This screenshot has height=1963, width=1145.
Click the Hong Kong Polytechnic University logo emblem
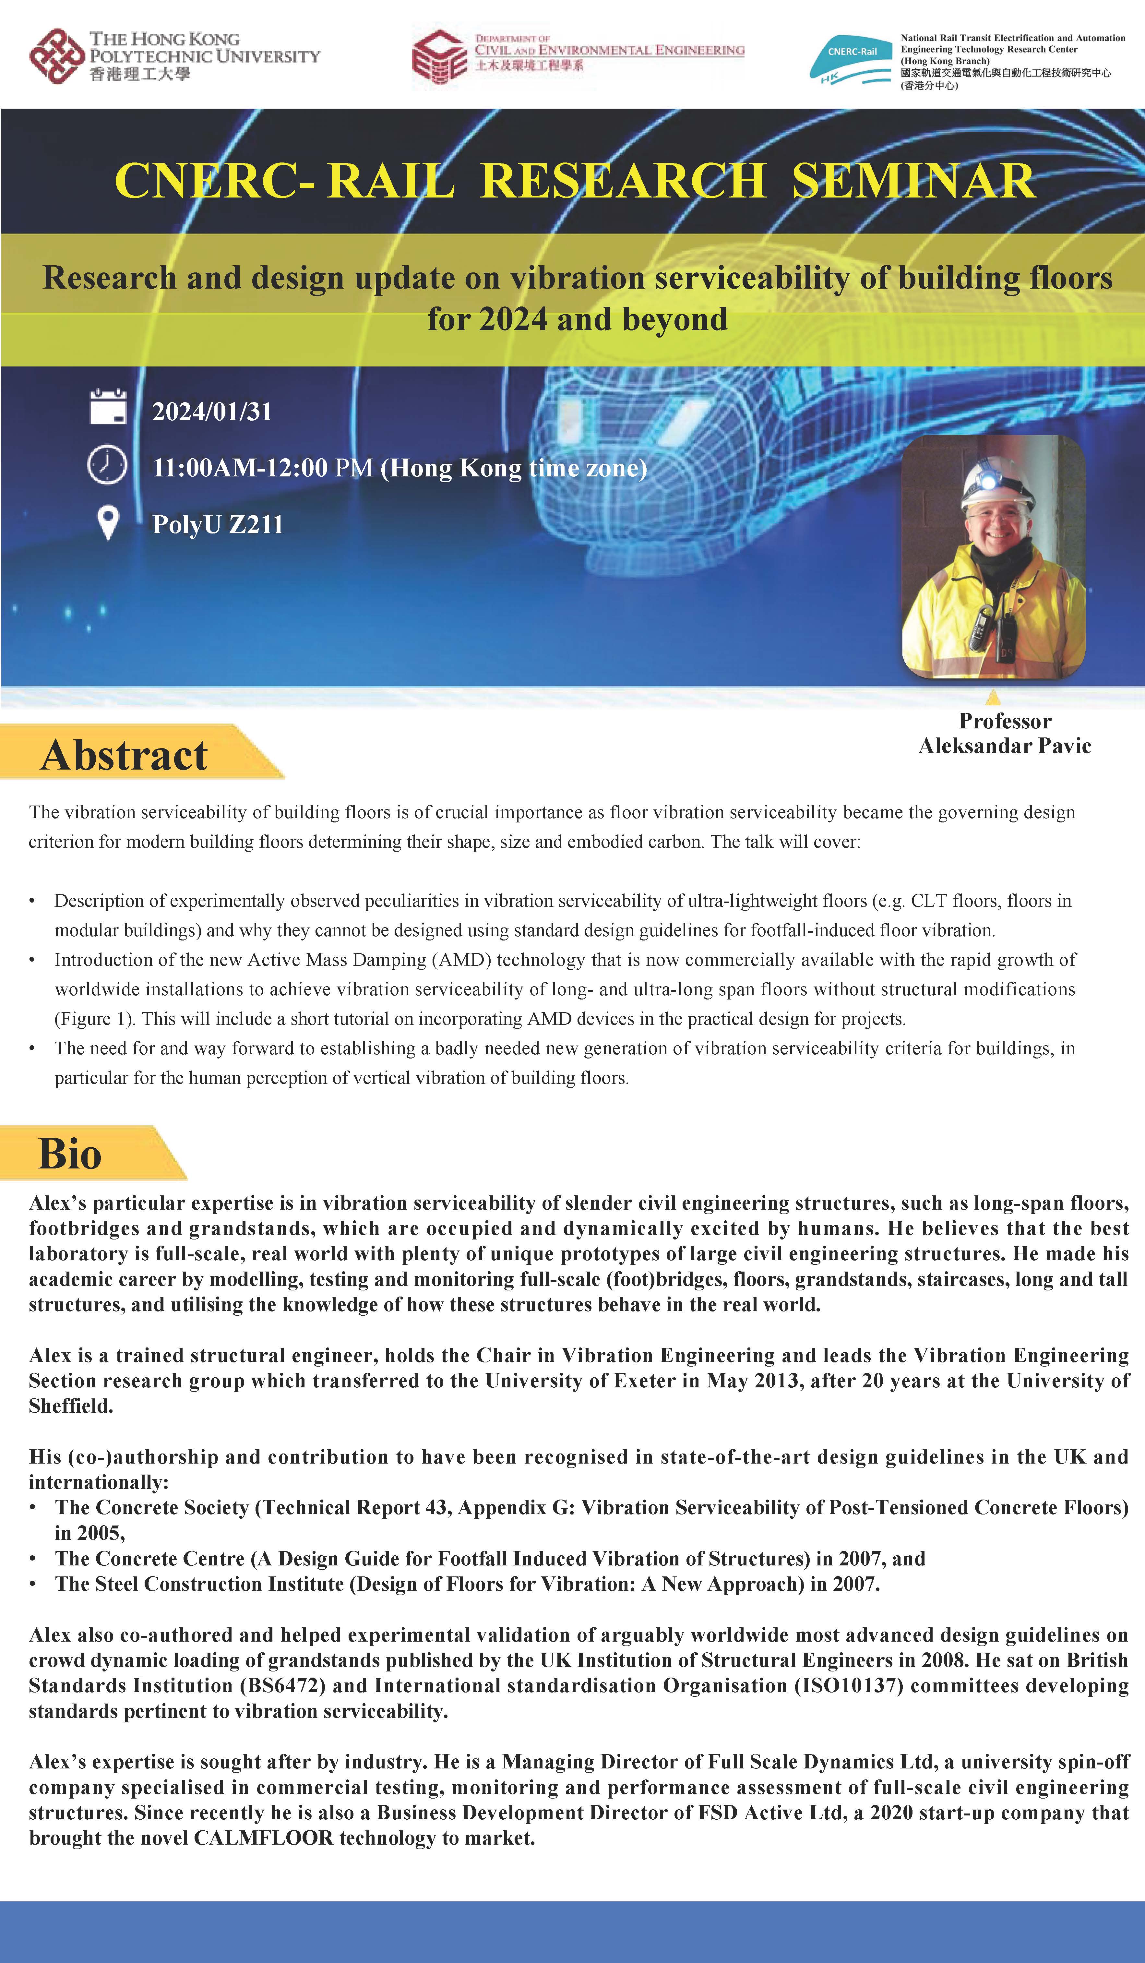tap(56, 56)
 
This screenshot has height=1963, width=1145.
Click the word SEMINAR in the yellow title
tap(913, 181)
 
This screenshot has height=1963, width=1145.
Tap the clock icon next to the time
tap(107, 465)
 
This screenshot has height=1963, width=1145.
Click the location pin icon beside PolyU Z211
tap(107, 523)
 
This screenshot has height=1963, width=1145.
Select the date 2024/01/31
tap(212, 411)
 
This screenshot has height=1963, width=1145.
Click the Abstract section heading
tap(125, 755)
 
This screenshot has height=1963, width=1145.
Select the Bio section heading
tap(70, 1154)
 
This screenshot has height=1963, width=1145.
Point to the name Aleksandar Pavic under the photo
tap(1005, 746)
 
